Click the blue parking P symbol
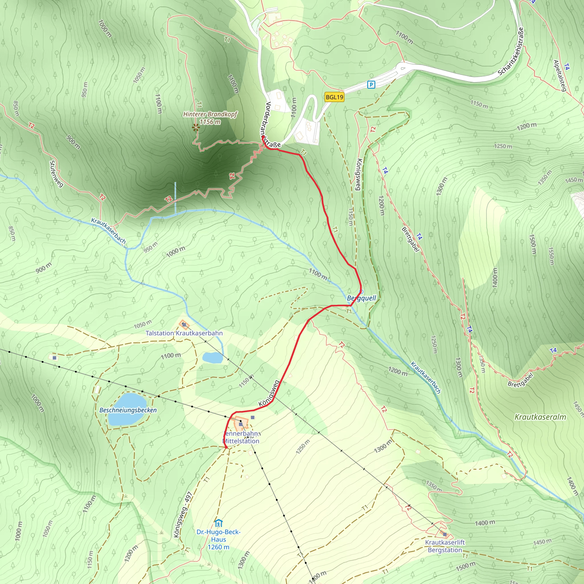[371, 84]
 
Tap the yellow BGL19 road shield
[334, 97]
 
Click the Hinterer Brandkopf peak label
[210, 114]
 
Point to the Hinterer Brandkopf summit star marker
[196, 128]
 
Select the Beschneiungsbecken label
[128, 410]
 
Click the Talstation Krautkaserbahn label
[184, 333]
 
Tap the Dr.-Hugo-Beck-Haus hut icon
[218, 523]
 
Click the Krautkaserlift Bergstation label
[445, 546]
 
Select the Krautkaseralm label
[540, 417]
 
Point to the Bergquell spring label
[362, 298]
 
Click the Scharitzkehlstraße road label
[510, 52]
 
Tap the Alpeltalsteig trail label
[559, 76]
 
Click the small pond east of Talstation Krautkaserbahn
[212, 358]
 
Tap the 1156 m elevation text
[210, 122]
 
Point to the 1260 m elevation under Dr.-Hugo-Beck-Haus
[218, 547]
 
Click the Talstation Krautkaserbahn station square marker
[184, 325]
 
